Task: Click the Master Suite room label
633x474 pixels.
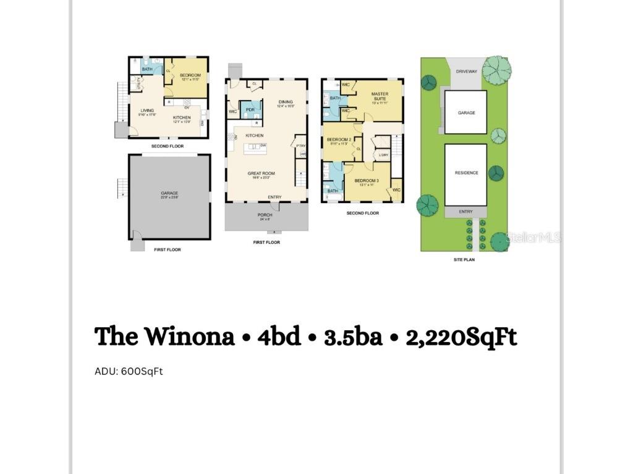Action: [x=380, y=96]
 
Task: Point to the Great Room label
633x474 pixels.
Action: [x=261, y=173]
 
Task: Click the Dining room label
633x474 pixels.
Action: [x=285, y=102]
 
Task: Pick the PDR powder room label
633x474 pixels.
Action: [x=250, y=109]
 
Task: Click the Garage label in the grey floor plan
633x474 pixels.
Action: [x=169, y=193]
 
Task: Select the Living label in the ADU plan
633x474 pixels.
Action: [x=147, y=110]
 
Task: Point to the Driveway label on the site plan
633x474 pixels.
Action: [x=466, y=72]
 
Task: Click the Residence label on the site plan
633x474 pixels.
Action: [x=466, y=173]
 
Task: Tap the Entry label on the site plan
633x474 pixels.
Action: [x=465, y=212]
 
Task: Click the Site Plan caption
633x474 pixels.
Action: [x=464, y=260]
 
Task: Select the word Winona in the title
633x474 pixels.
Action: [x=189, y=337]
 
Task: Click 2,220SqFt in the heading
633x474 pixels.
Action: [x=461, y=337]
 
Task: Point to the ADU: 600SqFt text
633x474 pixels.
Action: [x=129, y=372]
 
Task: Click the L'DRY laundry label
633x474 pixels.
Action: [x=383, y=155]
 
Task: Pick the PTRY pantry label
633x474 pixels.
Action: [x=301, y=146]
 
